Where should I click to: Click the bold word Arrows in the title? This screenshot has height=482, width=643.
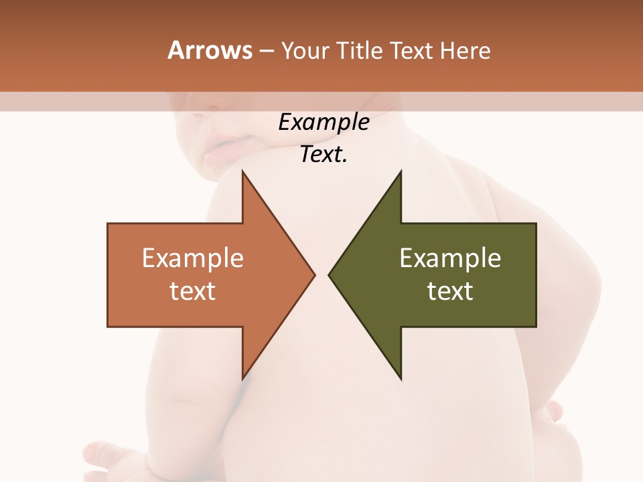[210, 50]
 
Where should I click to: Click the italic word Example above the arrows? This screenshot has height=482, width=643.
[324, 123]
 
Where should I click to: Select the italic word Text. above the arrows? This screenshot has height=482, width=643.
[324, 155]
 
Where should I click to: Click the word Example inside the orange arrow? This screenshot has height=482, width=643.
[193, 258]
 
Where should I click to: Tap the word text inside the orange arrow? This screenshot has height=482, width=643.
[193, 291]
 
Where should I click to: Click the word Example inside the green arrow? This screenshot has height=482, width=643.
[450, 258]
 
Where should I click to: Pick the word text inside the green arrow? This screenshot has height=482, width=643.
[450, 291]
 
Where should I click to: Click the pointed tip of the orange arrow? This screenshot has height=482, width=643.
[314, 274]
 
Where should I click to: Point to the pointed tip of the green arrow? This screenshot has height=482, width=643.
[329, 274]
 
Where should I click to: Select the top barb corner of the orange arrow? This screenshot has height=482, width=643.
[242, 171]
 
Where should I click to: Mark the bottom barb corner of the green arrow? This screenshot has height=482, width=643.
[401, 379]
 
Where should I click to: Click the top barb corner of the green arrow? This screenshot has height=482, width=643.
[401, 171]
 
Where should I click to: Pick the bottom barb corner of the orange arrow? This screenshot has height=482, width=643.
[242, 379]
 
